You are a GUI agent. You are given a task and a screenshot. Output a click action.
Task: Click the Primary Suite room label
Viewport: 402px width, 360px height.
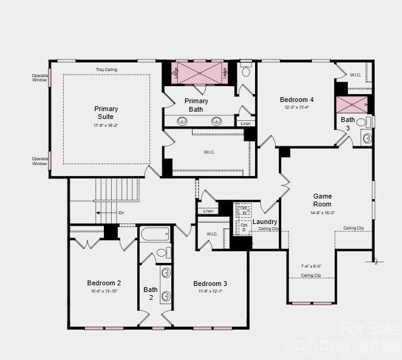pos(106,113)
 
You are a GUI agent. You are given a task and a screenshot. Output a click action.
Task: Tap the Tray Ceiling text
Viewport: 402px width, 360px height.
pos(106,70)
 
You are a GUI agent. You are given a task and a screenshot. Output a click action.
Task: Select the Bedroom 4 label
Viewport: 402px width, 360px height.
pos(296,100)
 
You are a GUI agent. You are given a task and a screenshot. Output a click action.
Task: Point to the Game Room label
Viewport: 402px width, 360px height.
pos(322,200)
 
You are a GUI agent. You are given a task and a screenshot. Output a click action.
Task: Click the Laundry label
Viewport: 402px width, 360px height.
pos(265,222)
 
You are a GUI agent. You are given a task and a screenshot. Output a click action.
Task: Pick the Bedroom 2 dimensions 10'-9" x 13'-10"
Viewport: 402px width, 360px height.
pos(104,291)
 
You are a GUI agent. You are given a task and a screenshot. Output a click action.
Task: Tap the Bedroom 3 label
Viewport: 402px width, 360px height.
pos(210,284)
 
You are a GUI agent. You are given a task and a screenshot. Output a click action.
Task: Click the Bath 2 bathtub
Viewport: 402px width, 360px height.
pos(155,234)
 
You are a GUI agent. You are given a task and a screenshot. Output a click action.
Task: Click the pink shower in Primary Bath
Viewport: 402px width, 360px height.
pos(199,73)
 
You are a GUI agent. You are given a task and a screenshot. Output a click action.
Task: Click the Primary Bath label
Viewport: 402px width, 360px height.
pos(196,105)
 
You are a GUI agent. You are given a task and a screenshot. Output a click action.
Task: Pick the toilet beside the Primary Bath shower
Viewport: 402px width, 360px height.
pos(246,71)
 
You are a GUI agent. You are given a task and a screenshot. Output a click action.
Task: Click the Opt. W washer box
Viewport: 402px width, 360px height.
pos(244,209)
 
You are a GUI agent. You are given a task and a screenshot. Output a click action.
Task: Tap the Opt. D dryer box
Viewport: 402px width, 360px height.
pos(244,227)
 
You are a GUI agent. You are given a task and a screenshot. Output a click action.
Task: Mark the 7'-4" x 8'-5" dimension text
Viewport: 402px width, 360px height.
pos(311,266)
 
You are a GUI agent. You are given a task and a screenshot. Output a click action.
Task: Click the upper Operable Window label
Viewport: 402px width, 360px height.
pos(39,78)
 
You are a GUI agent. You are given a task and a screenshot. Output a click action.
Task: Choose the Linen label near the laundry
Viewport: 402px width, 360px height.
pos(208,211)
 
